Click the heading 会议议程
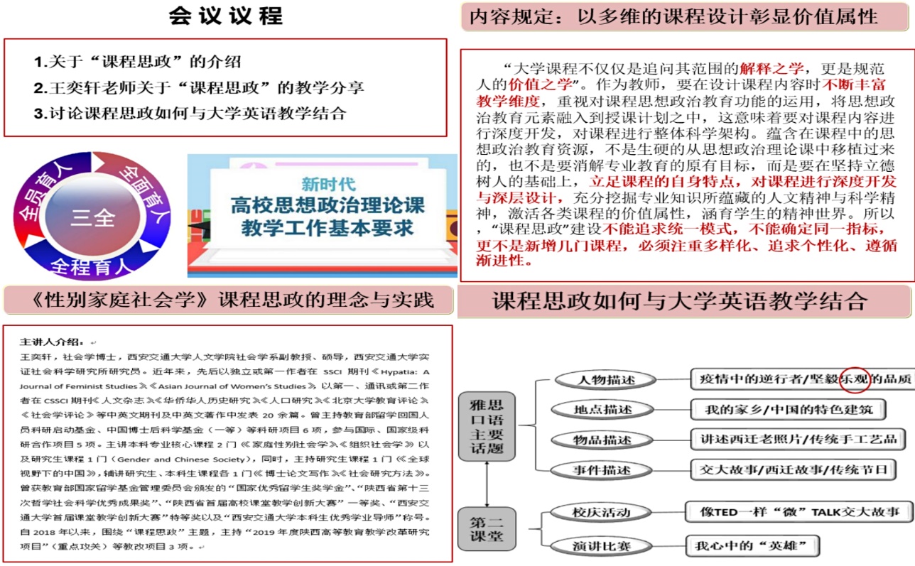225,16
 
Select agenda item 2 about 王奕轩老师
198,87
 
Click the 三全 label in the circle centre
92,217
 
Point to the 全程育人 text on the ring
91,266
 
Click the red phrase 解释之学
771,69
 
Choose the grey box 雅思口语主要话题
487,427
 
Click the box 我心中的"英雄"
752,546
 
